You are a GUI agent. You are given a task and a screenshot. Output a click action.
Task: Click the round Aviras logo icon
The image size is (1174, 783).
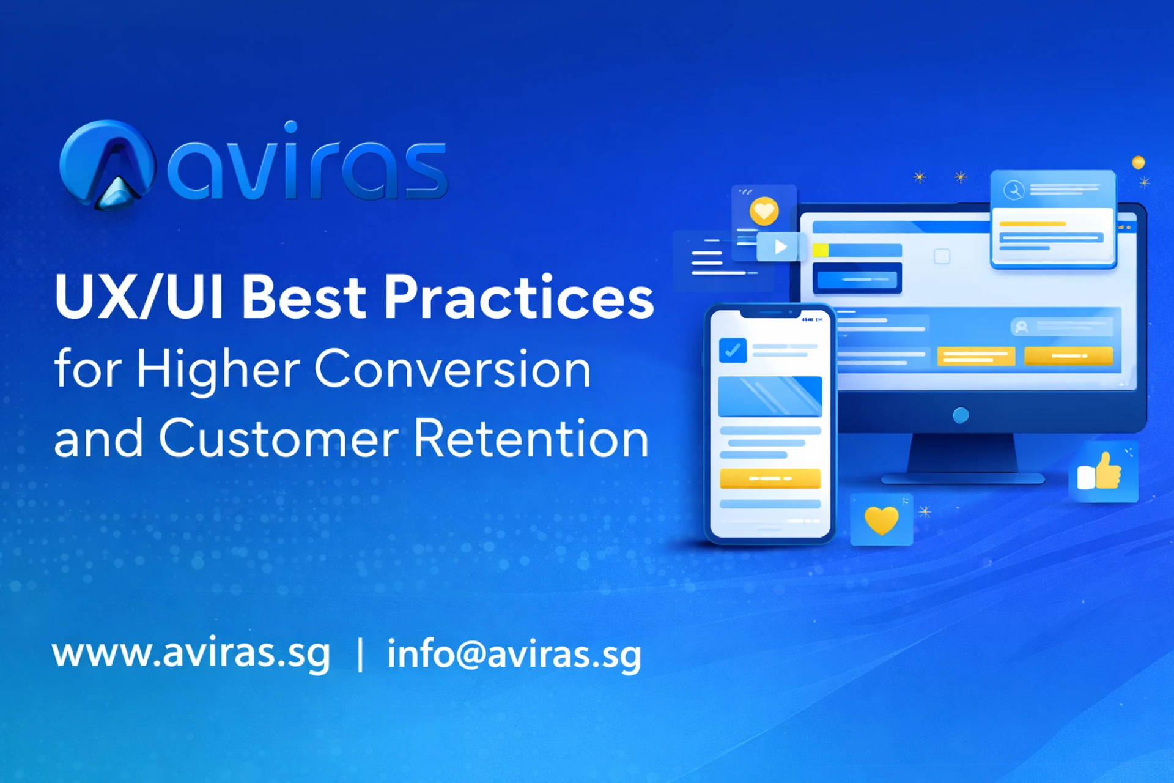click(x=107, y=164)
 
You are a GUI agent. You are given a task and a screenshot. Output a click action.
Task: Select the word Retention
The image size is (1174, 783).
click(x=531, y=438)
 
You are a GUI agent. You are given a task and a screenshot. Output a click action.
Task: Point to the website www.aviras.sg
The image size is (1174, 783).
click(x=191, y=653)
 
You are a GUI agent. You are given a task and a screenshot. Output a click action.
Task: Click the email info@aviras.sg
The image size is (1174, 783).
click(x=514, y=653)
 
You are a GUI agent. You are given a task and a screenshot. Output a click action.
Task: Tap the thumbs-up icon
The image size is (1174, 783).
click(x=1101, y=472)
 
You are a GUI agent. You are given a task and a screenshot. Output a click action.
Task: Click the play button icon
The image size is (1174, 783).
click(x=779, y=247)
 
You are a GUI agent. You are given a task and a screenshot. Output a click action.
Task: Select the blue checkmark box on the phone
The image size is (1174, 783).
click(x=733, y=351)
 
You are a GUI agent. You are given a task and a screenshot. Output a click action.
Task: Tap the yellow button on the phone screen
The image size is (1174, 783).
click(x=770, y=478)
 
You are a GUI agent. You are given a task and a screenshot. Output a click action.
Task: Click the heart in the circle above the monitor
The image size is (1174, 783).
click(x=764, y=211)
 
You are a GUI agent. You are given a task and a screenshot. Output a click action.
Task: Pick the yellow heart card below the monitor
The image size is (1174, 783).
click(x=881, y=519)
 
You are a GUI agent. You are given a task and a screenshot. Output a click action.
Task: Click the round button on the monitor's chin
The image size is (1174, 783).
click(x=961, y=415)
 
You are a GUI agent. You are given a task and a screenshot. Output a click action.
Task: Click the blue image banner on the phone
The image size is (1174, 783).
click(x=770, y=396)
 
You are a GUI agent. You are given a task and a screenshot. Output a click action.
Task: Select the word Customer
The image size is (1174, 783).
click(x=279, y=438)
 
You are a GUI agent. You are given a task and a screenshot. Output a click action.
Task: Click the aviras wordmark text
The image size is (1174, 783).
click(x=308, y=162)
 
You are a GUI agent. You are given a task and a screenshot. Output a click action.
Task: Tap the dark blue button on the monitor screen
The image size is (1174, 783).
click(x=857, y=279)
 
